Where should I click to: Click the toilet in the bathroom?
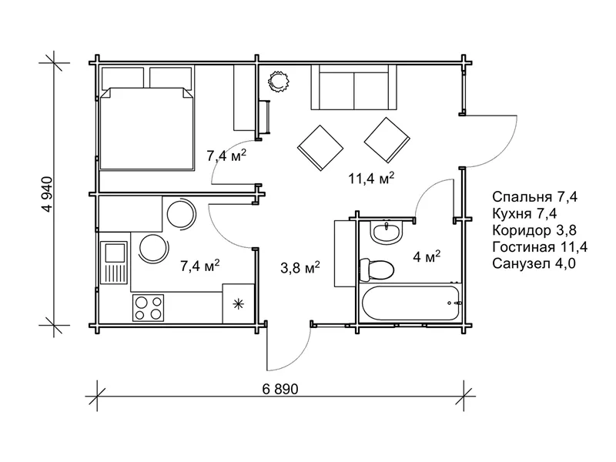coord(377,270)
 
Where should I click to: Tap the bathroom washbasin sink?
coord(387,233)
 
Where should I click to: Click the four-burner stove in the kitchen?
coord(148,307)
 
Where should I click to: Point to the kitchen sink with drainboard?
coord(113,262)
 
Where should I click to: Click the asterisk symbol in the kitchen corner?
coord(238,303)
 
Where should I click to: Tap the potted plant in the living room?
coord(280,81)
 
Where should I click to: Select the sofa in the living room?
coord(354,87)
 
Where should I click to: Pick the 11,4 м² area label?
coord(371,179)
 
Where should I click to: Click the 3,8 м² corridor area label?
coord(300,268)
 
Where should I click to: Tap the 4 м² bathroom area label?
coord(427,257)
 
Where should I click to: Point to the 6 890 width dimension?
coord(280,389)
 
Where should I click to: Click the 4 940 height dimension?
coord(48,195)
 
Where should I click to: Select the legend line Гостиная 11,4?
coord(540,247)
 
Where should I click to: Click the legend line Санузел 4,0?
coord(534,263)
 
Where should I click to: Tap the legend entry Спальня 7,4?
coord(534,196)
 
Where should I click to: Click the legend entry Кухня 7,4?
coord(524,214)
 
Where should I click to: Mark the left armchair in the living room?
coord(320,148)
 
